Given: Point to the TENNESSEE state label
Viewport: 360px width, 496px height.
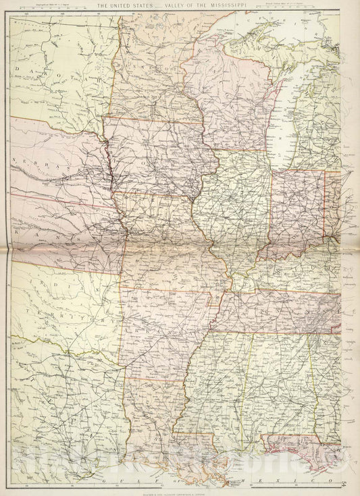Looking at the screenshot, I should (277, 310).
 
